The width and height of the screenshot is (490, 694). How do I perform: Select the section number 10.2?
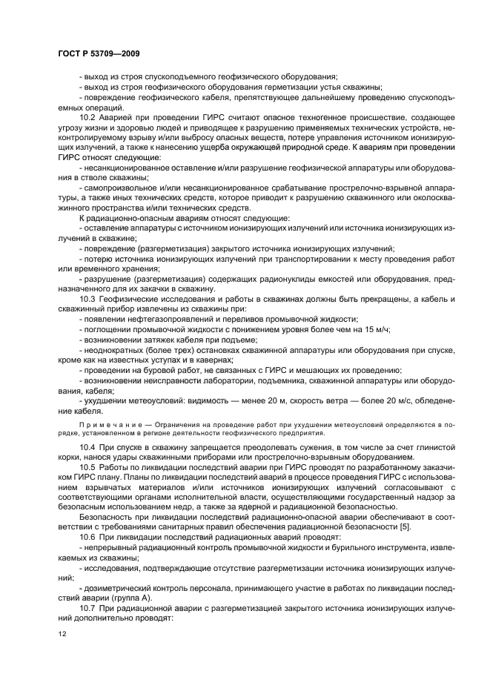(x=87, y=119)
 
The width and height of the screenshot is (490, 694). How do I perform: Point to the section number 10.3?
(x=87, y=298)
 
